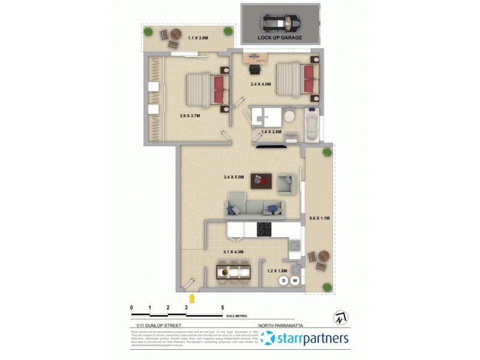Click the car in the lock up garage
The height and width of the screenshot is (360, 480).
[x=280, y=23]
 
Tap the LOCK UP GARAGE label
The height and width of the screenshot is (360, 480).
[x=280, y=37]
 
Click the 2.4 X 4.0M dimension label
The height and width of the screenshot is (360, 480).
[x=260, y=85]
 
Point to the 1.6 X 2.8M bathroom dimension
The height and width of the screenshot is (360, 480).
[x=271, y=131]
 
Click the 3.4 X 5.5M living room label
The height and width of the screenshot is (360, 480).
[x=233, y=177]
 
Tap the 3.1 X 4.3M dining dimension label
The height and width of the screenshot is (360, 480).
[x=233, y=251]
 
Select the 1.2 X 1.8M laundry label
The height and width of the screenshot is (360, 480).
[x=277, y=271]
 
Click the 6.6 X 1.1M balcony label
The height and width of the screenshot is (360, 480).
[x=319, y=218]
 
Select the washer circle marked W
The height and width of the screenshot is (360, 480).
[x=295, y=281]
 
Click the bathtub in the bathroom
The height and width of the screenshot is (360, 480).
[x=311, y=124]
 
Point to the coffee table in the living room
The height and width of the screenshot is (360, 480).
[x=261, y=180]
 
